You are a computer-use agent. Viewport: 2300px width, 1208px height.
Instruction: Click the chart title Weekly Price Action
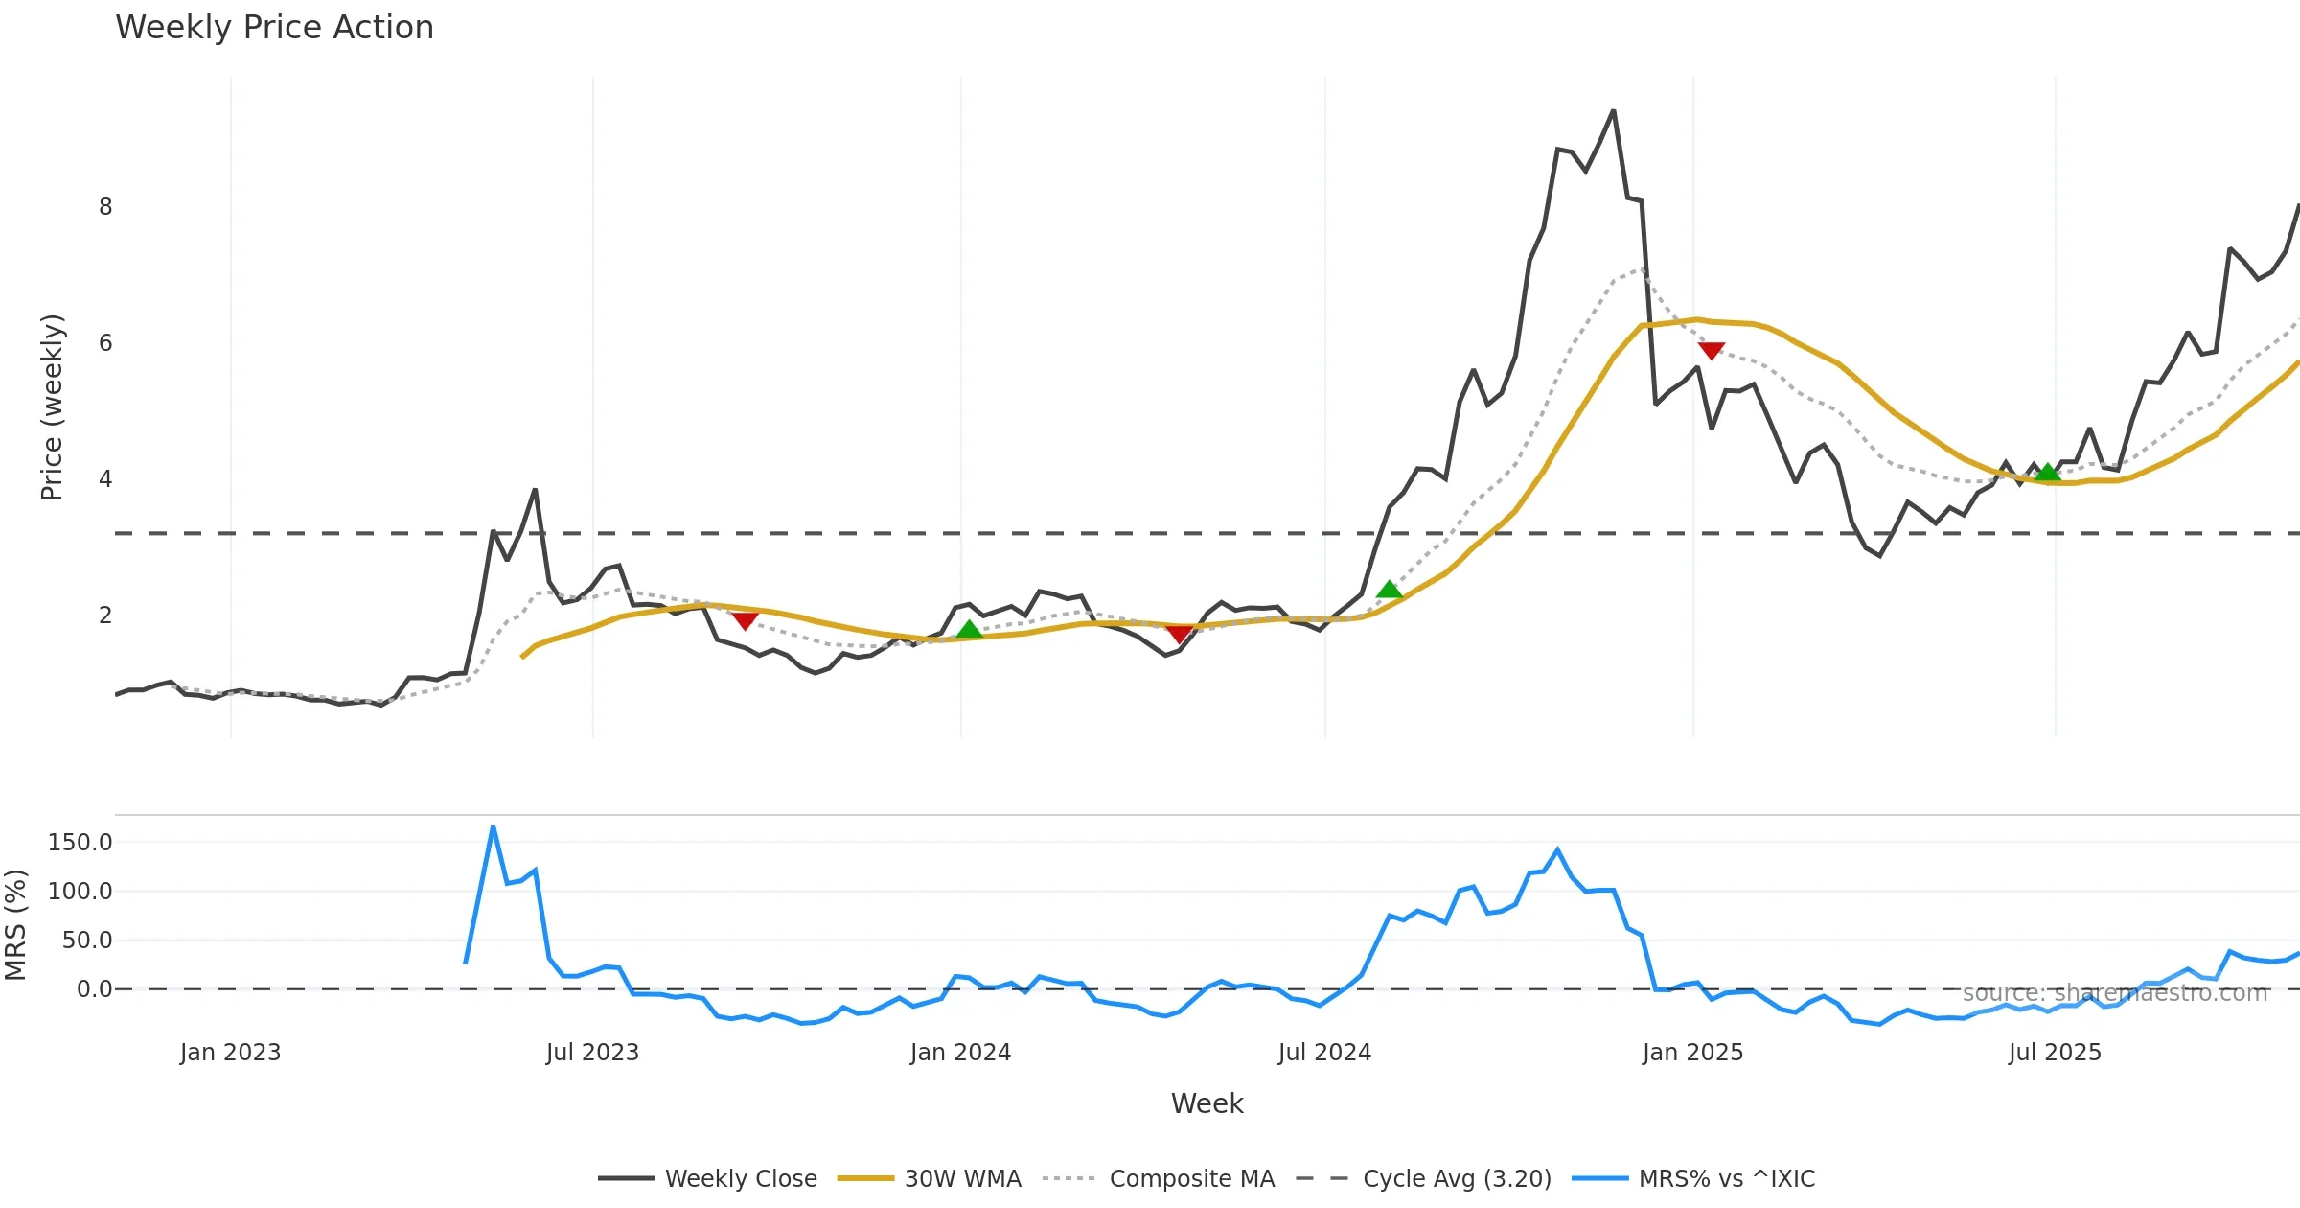(274, 28)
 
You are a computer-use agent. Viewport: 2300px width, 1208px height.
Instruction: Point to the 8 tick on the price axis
(105, 207)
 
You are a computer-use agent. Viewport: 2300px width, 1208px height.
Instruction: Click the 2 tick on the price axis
(105, 616)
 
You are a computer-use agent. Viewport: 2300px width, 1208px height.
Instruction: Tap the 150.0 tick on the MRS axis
(80, 843)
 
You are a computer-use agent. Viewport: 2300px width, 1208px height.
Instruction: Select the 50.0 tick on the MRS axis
(87, 941)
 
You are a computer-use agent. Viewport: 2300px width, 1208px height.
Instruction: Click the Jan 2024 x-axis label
(960, 1053)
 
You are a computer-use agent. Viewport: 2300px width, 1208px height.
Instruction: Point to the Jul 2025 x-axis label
(2055, 1053)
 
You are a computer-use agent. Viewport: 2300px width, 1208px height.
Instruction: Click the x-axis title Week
(1207, 1104)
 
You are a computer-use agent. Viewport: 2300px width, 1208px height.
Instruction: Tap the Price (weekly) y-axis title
(52, 407)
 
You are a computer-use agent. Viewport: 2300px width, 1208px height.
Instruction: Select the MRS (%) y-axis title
(16, 925)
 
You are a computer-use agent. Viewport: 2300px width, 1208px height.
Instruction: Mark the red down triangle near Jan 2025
(1712, 351)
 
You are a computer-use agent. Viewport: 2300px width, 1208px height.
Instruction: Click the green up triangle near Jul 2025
(2048, 472)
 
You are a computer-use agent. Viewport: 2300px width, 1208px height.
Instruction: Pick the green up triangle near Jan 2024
(969, 630)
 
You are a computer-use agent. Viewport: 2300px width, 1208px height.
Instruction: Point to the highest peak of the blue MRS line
(493, 826)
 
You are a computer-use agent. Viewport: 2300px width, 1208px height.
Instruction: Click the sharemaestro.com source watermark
(2115, 993)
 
